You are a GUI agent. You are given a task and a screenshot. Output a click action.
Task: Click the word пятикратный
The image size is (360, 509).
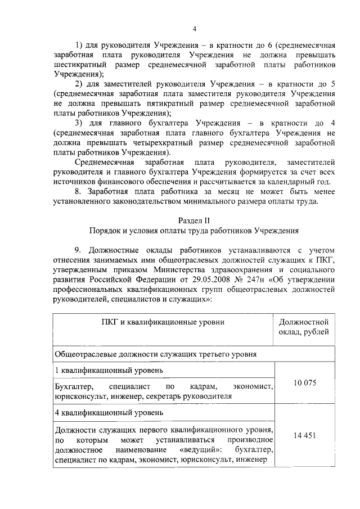click(148, 104)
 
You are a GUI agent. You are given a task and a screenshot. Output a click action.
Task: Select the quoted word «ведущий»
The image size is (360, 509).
click(201, 451)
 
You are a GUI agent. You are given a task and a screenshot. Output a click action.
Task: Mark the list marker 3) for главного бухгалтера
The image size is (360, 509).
click(80, 123)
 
